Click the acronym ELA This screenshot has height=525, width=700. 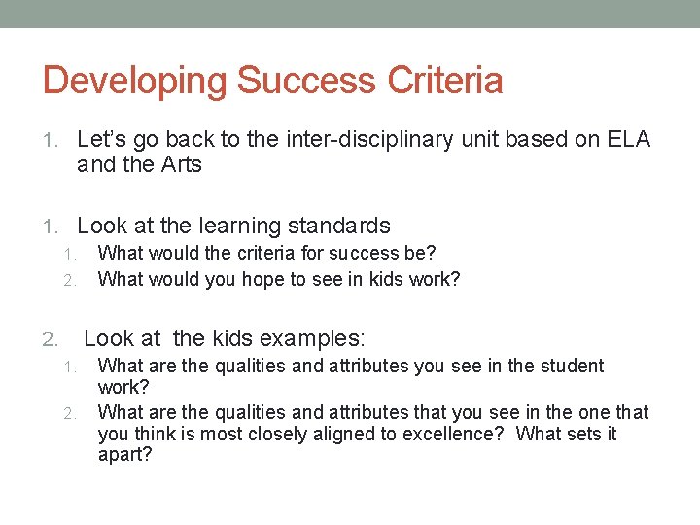[x=629, y=140]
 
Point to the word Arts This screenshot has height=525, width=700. [x=180, y=164]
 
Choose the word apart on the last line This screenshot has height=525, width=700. [x=124, y=454]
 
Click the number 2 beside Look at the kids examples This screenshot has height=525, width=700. [x=51, y=339]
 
